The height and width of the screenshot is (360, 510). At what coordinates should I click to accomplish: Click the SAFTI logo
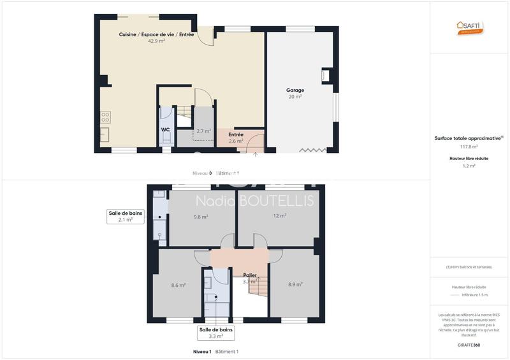[x=470, y=26]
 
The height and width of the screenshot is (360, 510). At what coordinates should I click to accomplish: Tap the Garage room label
[x=295, y=90]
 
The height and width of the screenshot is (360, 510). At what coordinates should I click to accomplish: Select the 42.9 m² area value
[x=156, y=41]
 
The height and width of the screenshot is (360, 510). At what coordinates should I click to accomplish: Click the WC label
[x=165, y=129]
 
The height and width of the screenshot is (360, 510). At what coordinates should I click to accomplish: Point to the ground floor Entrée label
[x=236, y=134]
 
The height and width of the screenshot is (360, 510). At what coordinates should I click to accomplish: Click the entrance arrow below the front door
[x=256, y=154]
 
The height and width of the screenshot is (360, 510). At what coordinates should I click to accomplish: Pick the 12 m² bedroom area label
[x=280, y=216]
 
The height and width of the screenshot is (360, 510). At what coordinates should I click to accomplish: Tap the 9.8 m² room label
[x=201, y=217]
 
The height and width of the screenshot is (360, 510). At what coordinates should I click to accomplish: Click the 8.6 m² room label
[x=178, y=285]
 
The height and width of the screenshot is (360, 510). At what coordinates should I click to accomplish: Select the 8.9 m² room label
[x=295, y=284]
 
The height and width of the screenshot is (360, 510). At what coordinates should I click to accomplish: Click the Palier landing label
[x=250, y=275]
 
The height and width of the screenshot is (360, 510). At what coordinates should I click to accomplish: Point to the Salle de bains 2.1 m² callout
[x=125, y=216]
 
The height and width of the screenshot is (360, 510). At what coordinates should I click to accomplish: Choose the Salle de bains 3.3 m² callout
[x=215, y=333]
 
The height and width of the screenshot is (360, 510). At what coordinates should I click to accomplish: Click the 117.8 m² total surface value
[x=469, y=146]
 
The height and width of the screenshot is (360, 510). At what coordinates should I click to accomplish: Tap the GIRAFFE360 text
[x=469, y=345]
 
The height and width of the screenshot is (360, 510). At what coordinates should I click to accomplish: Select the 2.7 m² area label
[x=203, y=131]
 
